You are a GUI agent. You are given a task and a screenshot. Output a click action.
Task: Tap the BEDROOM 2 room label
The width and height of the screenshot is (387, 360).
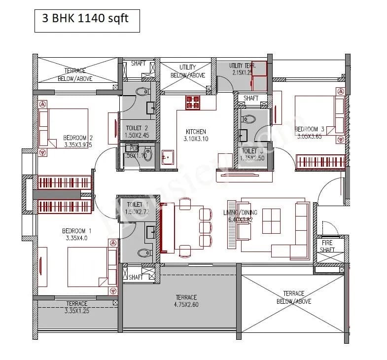point(78,138)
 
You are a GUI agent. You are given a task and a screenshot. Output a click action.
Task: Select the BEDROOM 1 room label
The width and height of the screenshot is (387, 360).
point(77,231)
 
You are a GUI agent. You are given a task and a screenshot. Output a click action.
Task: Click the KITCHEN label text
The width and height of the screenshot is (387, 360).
point(196,132)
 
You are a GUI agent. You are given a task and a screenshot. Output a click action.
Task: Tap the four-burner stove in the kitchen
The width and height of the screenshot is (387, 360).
point(193,103)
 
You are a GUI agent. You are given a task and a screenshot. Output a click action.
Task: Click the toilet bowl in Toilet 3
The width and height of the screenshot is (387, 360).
point(248,119)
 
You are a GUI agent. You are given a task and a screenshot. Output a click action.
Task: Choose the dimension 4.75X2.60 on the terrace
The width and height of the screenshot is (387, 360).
point(186,304)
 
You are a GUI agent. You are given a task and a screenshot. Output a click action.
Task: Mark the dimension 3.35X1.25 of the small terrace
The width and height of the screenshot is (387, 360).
point(76,311)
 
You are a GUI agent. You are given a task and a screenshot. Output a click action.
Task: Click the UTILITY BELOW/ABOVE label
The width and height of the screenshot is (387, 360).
point(187,71)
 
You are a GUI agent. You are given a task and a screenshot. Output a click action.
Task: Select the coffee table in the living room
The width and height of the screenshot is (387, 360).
point(271,220)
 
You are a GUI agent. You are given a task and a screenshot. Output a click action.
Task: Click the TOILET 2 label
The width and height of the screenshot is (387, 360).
point(134,128)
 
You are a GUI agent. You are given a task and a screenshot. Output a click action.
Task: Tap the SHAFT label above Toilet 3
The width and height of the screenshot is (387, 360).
point(250,98)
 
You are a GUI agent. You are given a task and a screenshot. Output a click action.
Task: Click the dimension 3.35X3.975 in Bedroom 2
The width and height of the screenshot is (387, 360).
point(78,145)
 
